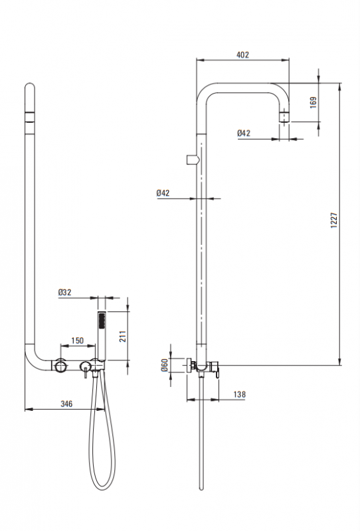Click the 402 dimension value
point(242,54)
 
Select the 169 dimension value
point(314,103)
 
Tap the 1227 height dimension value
point(334,220)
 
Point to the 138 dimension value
point(239,394)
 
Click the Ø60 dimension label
point(165,366)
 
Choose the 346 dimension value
point(66,404)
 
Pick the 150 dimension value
point(77,341)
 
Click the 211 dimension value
point(123,337)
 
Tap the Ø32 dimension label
point(64,292)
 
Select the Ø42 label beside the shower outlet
point(244,133)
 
